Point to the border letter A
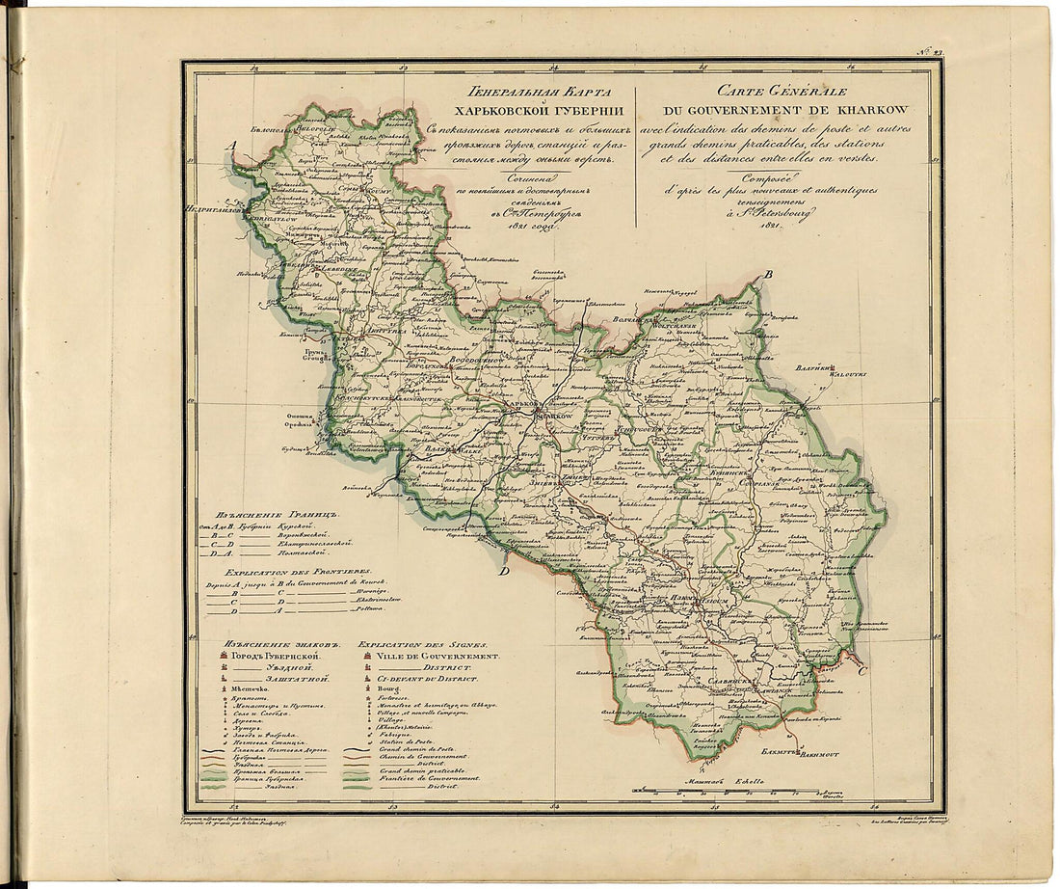click(231, 146)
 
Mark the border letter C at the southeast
click(861, 670)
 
